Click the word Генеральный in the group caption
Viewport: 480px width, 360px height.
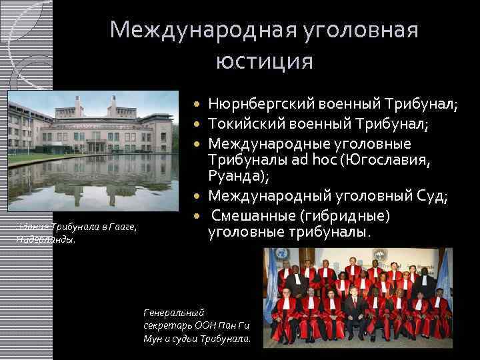click(174, 311)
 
